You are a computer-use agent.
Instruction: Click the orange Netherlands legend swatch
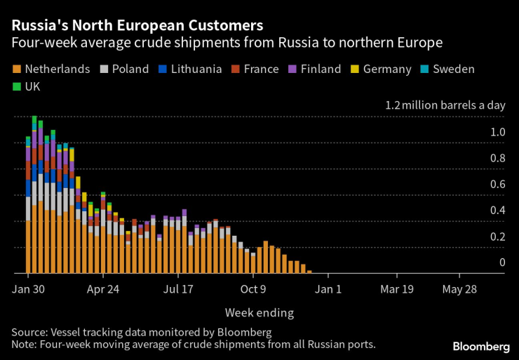pos(17,69)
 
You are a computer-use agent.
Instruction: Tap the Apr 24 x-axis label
pos(104,288)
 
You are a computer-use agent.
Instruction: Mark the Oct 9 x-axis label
pos(254,288)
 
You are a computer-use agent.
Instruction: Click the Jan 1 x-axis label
pos(328,288)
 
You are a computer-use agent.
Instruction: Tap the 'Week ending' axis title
pos(259,312)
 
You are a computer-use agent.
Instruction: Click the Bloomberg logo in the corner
pos(480,347)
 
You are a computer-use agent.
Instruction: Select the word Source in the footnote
pos(29,331)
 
